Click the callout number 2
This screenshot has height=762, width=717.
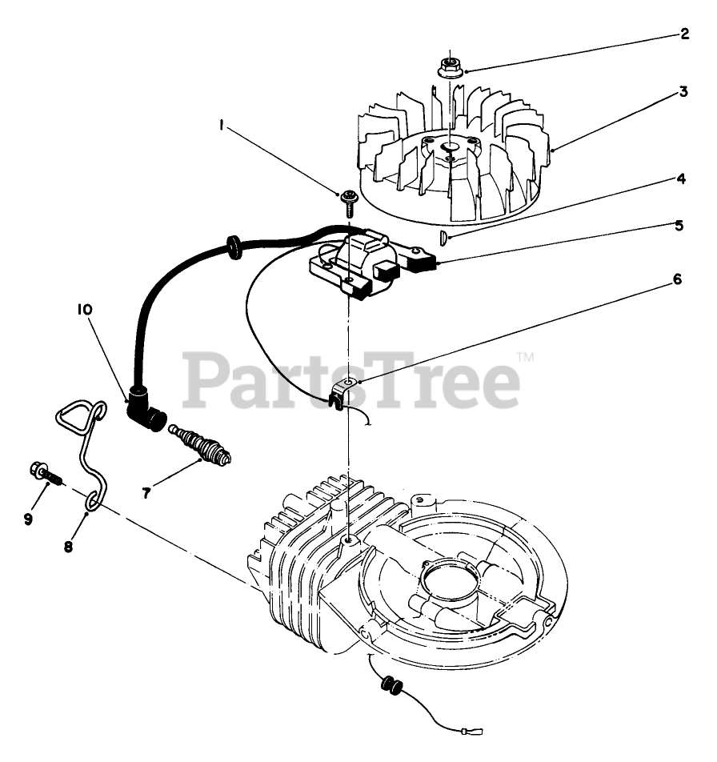pyautogui.click(x=684, y=34)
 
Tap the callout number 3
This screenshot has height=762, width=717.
pyautogui.click(x=683, y=92)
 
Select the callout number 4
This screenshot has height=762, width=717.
pyautogui.click(x=680, y=179)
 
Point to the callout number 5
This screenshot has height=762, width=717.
pyautogui.click(x=679, y=226)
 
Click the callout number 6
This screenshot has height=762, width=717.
pyautogui.click(x=677, y=279)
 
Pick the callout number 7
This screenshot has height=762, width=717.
pyautogui.click(x=146, y=494)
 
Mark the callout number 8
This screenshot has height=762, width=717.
pyautogui.click(x=68, y=547)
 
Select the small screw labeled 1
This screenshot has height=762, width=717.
pyautogui.click(x=349, y=200)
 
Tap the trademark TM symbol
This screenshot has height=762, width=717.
pyautogui.click(x=525, y=357)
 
